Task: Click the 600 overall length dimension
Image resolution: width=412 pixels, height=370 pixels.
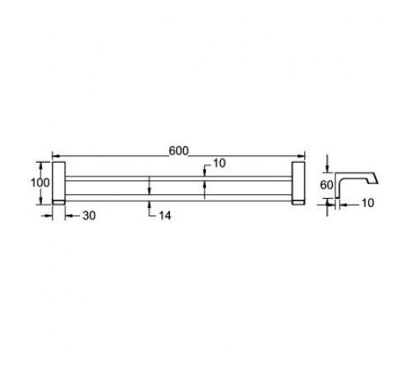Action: click(x=179, y=151)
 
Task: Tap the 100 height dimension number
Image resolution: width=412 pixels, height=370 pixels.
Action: click(x=40, y=183)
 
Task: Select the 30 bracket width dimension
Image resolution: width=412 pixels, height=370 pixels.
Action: click(x=89, y=216)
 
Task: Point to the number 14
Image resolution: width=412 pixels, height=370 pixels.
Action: click(x=165, y=216)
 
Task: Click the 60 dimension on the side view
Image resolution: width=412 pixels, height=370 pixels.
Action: click(x=326, y=185)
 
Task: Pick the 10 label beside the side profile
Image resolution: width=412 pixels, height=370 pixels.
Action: click(x=368, y=203)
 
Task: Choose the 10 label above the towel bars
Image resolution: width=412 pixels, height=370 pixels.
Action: click(x=219, y=164)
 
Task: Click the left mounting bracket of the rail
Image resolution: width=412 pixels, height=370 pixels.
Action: click(x=59, y=183)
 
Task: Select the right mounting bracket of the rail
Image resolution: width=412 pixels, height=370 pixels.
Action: click(x=298, y=183)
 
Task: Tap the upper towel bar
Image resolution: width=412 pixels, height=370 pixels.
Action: click(x=179, y=178)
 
